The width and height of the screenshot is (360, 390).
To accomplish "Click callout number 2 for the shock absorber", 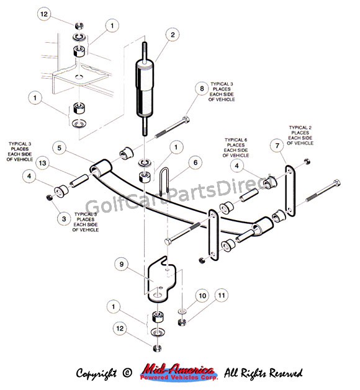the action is [173, 35].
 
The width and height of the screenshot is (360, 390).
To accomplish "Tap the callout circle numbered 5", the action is [59, 148].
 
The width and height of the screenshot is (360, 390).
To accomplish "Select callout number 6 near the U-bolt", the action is [196, 162].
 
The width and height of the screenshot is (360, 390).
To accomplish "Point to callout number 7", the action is [277, 146].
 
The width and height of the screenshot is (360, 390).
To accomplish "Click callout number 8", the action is [202, 89].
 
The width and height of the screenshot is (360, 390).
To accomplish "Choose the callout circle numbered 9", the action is [122, 264].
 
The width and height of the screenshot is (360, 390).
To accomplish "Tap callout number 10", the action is [202, 296].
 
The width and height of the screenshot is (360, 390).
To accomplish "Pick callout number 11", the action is [222, 295].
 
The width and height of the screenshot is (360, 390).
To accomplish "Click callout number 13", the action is [43, 163].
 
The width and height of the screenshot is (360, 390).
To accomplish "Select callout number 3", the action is [64, 219].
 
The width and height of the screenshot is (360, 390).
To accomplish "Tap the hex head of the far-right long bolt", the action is [336, 184].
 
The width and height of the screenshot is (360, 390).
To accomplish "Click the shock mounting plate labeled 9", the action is [160, 278].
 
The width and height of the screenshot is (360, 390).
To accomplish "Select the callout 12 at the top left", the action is [44, 14].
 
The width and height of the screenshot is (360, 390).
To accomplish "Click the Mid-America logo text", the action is [179, 373].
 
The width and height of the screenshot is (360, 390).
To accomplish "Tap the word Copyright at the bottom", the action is [96, 373].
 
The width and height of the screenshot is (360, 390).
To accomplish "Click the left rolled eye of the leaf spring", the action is [100, 167].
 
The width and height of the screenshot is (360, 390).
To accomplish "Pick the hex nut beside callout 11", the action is [182, 322].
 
